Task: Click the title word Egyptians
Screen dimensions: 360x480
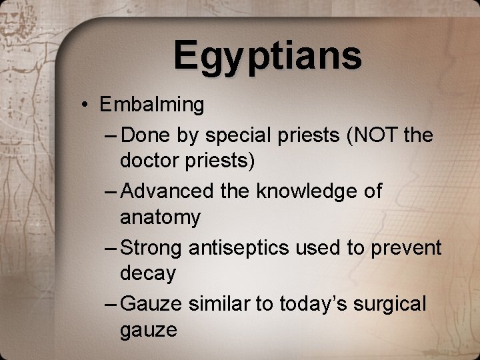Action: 267,56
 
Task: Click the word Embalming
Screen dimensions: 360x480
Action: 152,105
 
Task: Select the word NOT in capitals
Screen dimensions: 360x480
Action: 373,135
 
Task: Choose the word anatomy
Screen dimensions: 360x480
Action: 160,218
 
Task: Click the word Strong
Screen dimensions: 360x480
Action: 153,248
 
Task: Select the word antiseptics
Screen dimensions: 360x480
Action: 242,248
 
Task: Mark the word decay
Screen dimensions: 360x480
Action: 148,274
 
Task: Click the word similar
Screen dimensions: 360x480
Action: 218,304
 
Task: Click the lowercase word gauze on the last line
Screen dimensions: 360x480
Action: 149,330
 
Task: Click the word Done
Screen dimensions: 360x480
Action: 147,136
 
